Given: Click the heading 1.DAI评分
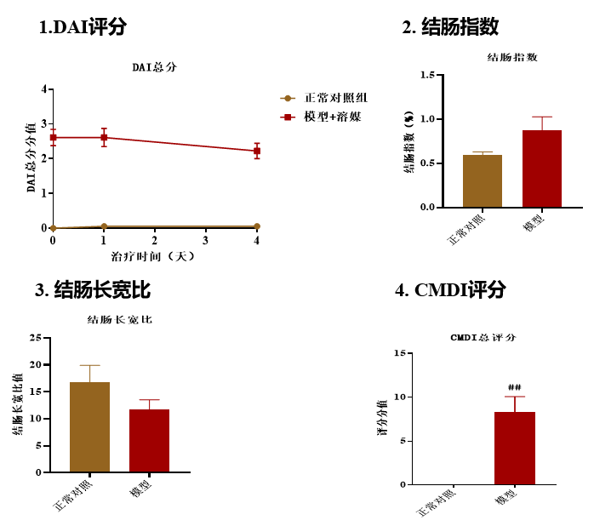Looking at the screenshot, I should coord(83,27).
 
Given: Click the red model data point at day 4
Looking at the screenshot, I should coord(257,151).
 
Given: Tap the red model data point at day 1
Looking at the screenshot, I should coord(104,137).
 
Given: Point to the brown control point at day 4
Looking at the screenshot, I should coord(257,226).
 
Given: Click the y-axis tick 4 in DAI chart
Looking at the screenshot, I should coord(44,89).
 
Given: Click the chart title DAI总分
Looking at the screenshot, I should coord(153,66).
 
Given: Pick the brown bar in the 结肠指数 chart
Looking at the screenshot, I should coord(483,180).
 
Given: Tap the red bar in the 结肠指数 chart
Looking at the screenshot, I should coord(542,169).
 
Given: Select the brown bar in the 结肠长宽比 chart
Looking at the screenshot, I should coord(89,426).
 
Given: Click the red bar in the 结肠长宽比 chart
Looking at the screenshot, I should coord(149,440).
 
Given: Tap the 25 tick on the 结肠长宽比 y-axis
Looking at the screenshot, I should coord(36,338).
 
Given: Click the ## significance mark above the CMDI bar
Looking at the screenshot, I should coord(514,386).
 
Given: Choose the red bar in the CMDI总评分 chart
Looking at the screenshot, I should coord(515,448).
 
